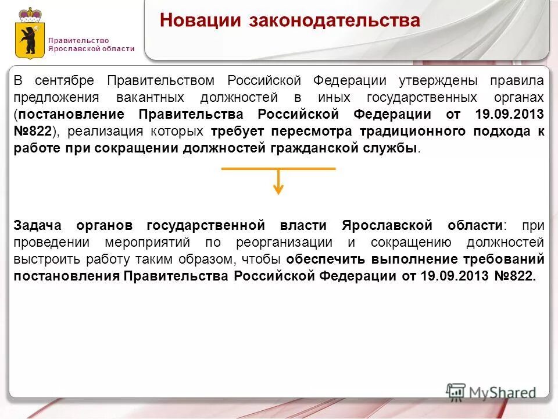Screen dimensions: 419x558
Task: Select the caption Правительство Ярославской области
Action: click(x=91, y=45)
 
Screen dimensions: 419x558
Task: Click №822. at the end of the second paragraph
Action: click(x=514, y=276)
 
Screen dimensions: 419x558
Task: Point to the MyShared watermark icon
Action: click(x=456, y=392)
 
